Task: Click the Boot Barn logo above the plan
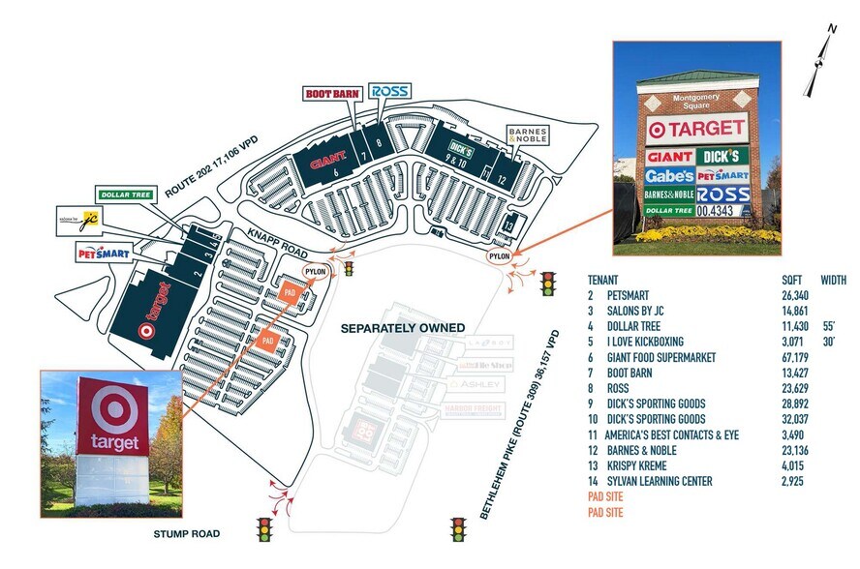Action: pos(333,93)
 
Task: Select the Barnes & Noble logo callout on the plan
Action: pos(528,135)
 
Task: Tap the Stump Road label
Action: pos(187,533)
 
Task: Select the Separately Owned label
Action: pos(402,328)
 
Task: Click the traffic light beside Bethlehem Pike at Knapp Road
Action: pos(552,283)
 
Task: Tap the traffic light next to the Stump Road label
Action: pos(263,529)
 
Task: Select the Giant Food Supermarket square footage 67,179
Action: pos(797,357)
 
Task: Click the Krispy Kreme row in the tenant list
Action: pos(638,465)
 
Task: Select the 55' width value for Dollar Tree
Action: pos(829,326)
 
